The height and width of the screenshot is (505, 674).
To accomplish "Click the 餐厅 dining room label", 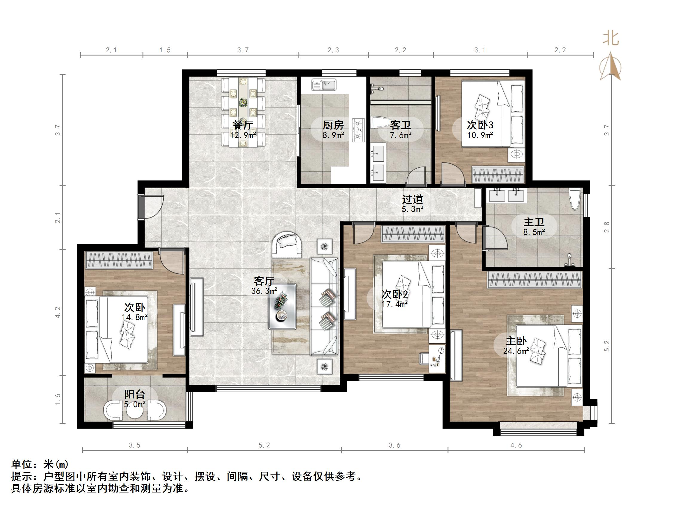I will (x=243, y=125).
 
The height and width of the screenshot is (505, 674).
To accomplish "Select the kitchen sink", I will (x=324, y=85).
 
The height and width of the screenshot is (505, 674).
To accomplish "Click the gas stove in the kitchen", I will (x=358, y=130).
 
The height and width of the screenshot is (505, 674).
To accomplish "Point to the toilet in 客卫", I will (x=381, y=123).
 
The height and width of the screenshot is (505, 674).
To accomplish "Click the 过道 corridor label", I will (x=412, y=199).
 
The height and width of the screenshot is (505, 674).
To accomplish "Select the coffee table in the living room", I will (x=282, y=306).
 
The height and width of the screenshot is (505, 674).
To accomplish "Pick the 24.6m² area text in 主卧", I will (x=516, y=351).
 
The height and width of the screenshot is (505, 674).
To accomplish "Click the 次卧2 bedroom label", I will (x=395, y=294).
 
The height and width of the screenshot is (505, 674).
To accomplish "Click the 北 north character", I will (x=611, y=39).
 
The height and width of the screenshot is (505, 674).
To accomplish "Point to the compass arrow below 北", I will (x=611, y=67).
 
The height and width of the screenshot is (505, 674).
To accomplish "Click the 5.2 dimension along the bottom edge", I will (x=264, y=445).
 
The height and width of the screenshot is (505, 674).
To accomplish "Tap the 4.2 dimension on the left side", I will (x=58, y=312).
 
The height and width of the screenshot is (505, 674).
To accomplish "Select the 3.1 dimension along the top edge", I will (x=480, y=50).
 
